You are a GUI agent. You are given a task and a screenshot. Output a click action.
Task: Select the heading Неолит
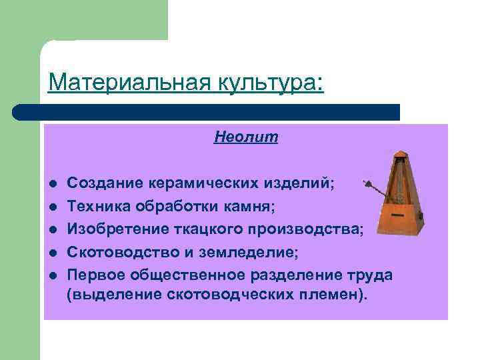246,137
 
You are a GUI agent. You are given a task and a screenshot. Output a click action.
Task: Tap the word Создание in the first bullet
104,183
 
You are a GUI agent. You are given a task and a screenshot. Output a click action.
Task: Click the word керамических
199,183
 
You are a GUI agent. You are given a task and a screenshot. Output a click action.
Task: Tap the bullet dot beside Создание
51,183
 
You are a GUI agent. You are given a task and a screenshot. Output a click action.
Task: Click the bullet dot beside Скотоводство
51,253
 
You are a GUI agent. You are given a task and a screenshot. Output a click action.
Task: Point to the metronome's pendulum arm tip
365,181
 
